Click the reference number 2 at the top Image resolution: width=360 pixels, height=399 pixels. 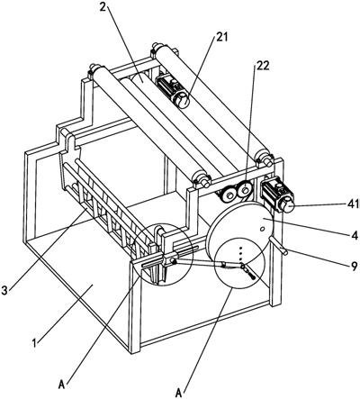pyautogui.click(x=103, y=7)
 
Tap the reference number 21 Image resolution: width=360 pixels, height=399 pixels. pyautogui.click(x=222, y=37)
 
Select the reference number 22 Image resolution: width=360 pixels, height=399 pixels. pyautogui.click(x=262, y=66)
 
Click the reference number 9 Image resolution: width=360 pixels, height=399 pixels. pyautogui.click(x=355, y=266)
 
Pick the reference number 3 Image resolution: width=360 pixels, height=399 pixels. pyautogui.click(x=4, y=290)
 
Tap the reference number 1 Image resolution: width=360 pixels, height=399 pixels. pyautogui.click(x=34, y=343)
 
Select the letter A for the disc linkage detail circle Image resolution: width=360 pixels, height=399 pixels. pyautogui.click(x=179, y=393)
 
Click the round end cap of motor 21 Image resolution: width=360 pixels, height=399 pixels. pyautogui.click(x=182, y=101)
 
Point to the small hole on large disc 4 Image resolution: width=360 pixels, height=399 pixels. pyautogui.click(x=262, y=230)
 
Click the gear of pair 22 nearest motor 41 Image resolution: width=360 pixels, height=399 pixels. pyautogui.click(x=246, y=190)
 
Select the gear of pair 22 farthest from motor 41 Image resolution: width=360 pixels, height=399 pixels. pyautogui.click(x=229, y=195)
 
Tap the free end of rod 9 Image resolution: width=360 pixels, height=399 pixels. pyautogui.click(x=285, y=253)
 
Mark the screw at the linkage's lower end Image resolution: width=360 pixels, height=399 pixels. pyautogui.click(x=253, y=277)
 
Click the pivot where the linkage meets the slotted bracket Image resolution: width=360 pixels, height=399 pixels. pyautogui.click(x=173, y=261)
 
